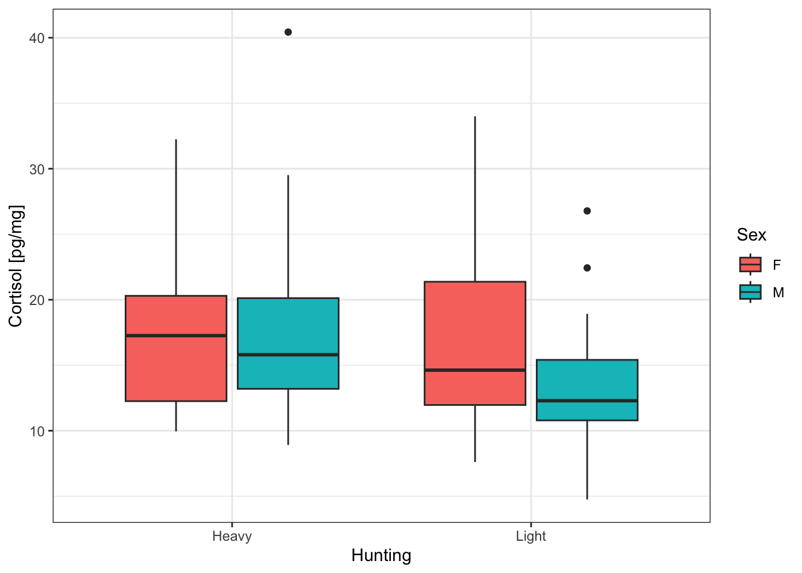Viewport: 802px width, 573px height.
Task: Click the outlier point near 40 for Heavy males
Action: (x=288, y=32)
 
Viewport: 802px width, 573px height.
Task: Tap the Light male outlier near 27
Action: (x=587, y=211)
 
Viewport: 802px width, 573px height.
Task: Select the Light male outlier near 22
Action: (x=587, y=268)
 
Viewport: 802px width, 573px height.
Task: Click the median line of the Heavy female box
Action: (x=176, y=335)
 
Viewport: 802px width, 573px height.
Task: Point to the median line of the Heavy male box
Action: (x=288, y=355)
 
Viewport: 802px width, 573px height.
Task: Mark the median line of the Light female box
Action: (x=475, y=370)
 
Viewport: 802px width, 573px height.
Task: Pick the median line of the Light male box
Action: (x=587, y=401)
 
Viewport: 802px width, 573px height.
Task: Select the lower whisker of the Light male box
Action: (x=587, y=460)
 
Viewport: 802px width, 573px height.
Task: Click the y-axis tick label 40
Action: (x=37, y=38)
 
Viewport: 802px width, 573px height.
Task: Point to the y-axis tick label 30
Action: (x=37, y=169)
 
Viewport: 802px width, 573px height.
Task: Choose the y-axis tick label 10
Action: (x=37, y=431)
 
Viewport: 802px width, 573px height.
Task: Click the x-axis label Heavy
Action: (x=232, y=536)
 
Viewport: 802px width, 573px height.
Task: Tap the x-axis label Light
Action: (x=531, y=536)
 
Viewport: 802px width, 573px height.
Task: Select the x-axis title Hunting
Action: (x=381, y=556)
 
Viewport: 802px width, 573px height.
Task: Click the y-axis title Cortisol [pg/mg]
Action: (x=16, y=266)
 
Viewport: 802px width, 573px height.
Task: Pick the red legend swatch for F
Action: (x=750, y=264)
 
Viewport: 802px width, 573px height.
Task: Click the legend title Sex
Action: (x=751, y=235)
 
